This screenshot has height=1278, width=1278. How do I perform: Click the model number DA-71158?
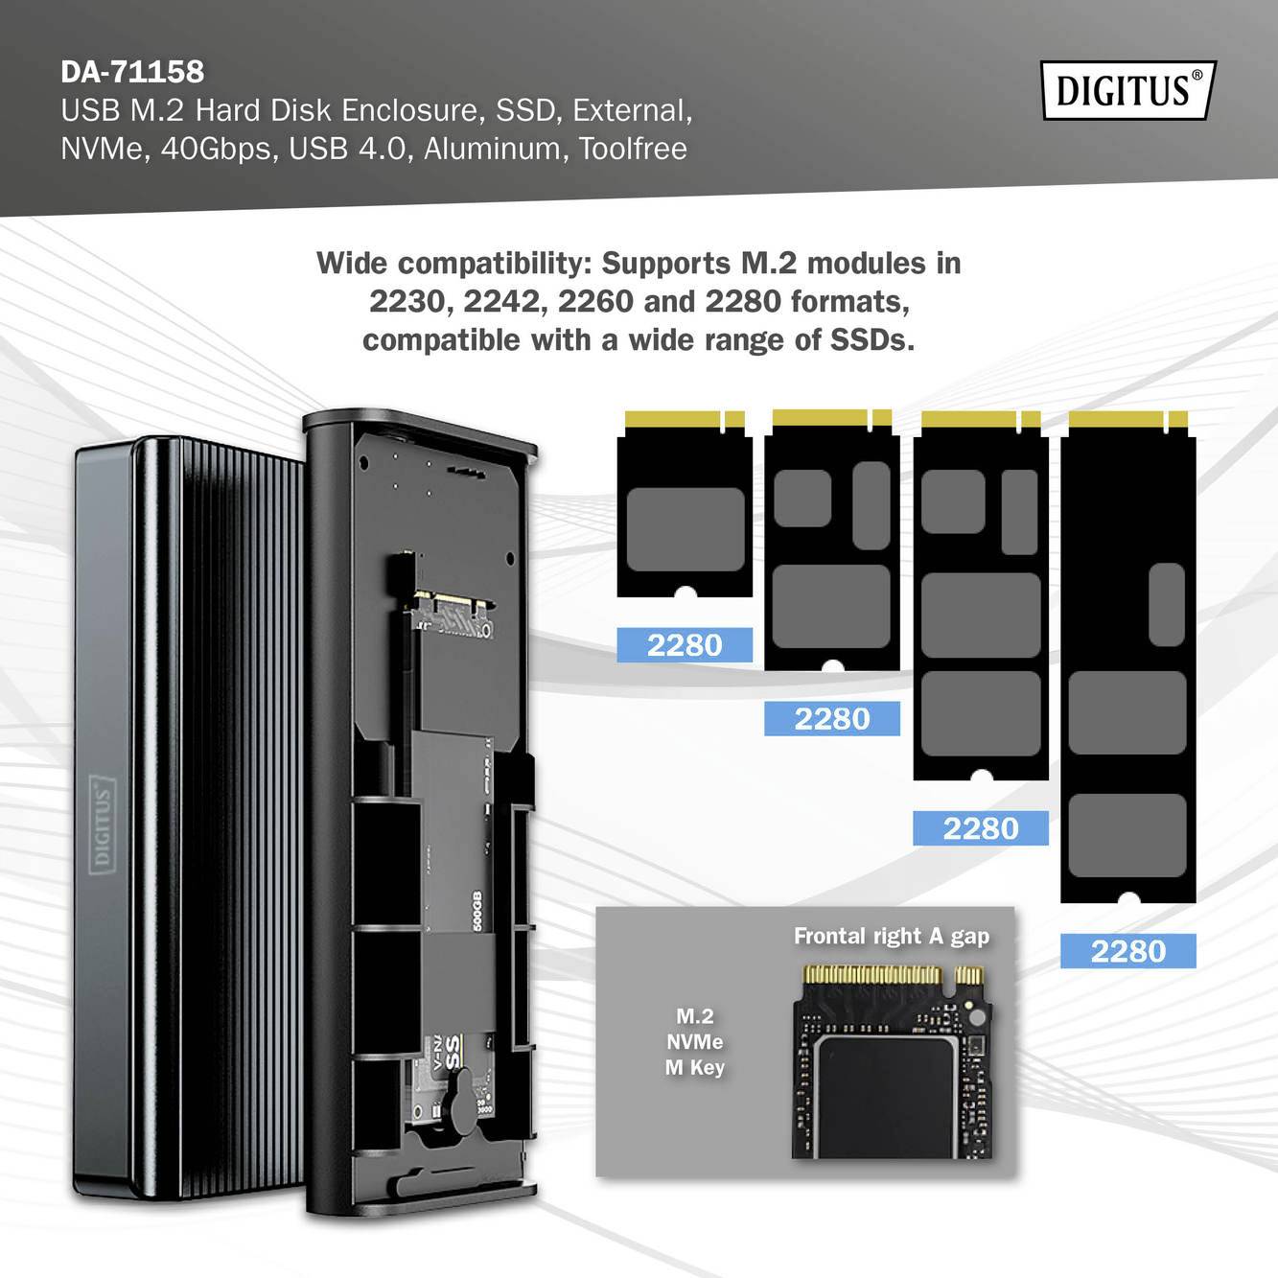[x=132, y=72]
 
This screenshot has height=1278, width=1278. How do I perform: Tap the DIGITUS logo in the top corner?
[x=1127, y=90]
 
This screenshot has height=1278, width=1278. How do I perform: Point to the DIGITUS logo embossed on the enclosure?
[x=102, y=825]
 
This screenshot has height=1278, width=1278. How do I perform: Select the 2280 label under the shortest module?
[x=685, y=645]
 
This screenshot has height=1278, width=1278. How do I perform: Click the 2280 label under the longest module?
[x=1127, y=951]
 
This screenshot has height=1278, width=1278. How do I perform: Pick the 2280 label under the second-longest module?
[x=980, y=828]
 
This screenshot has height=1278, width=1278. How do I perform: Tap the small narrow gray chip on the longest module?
[x=1166, y=604]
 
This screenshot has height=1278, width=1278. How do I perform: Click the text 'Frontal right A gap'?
[x=891, y=936]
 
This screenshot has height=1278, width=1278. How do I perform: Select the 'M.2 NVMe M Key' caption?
[x=694, y=1041]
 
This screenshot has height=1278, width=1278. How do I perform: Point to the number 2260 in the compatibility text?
[x=595, y=302]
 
